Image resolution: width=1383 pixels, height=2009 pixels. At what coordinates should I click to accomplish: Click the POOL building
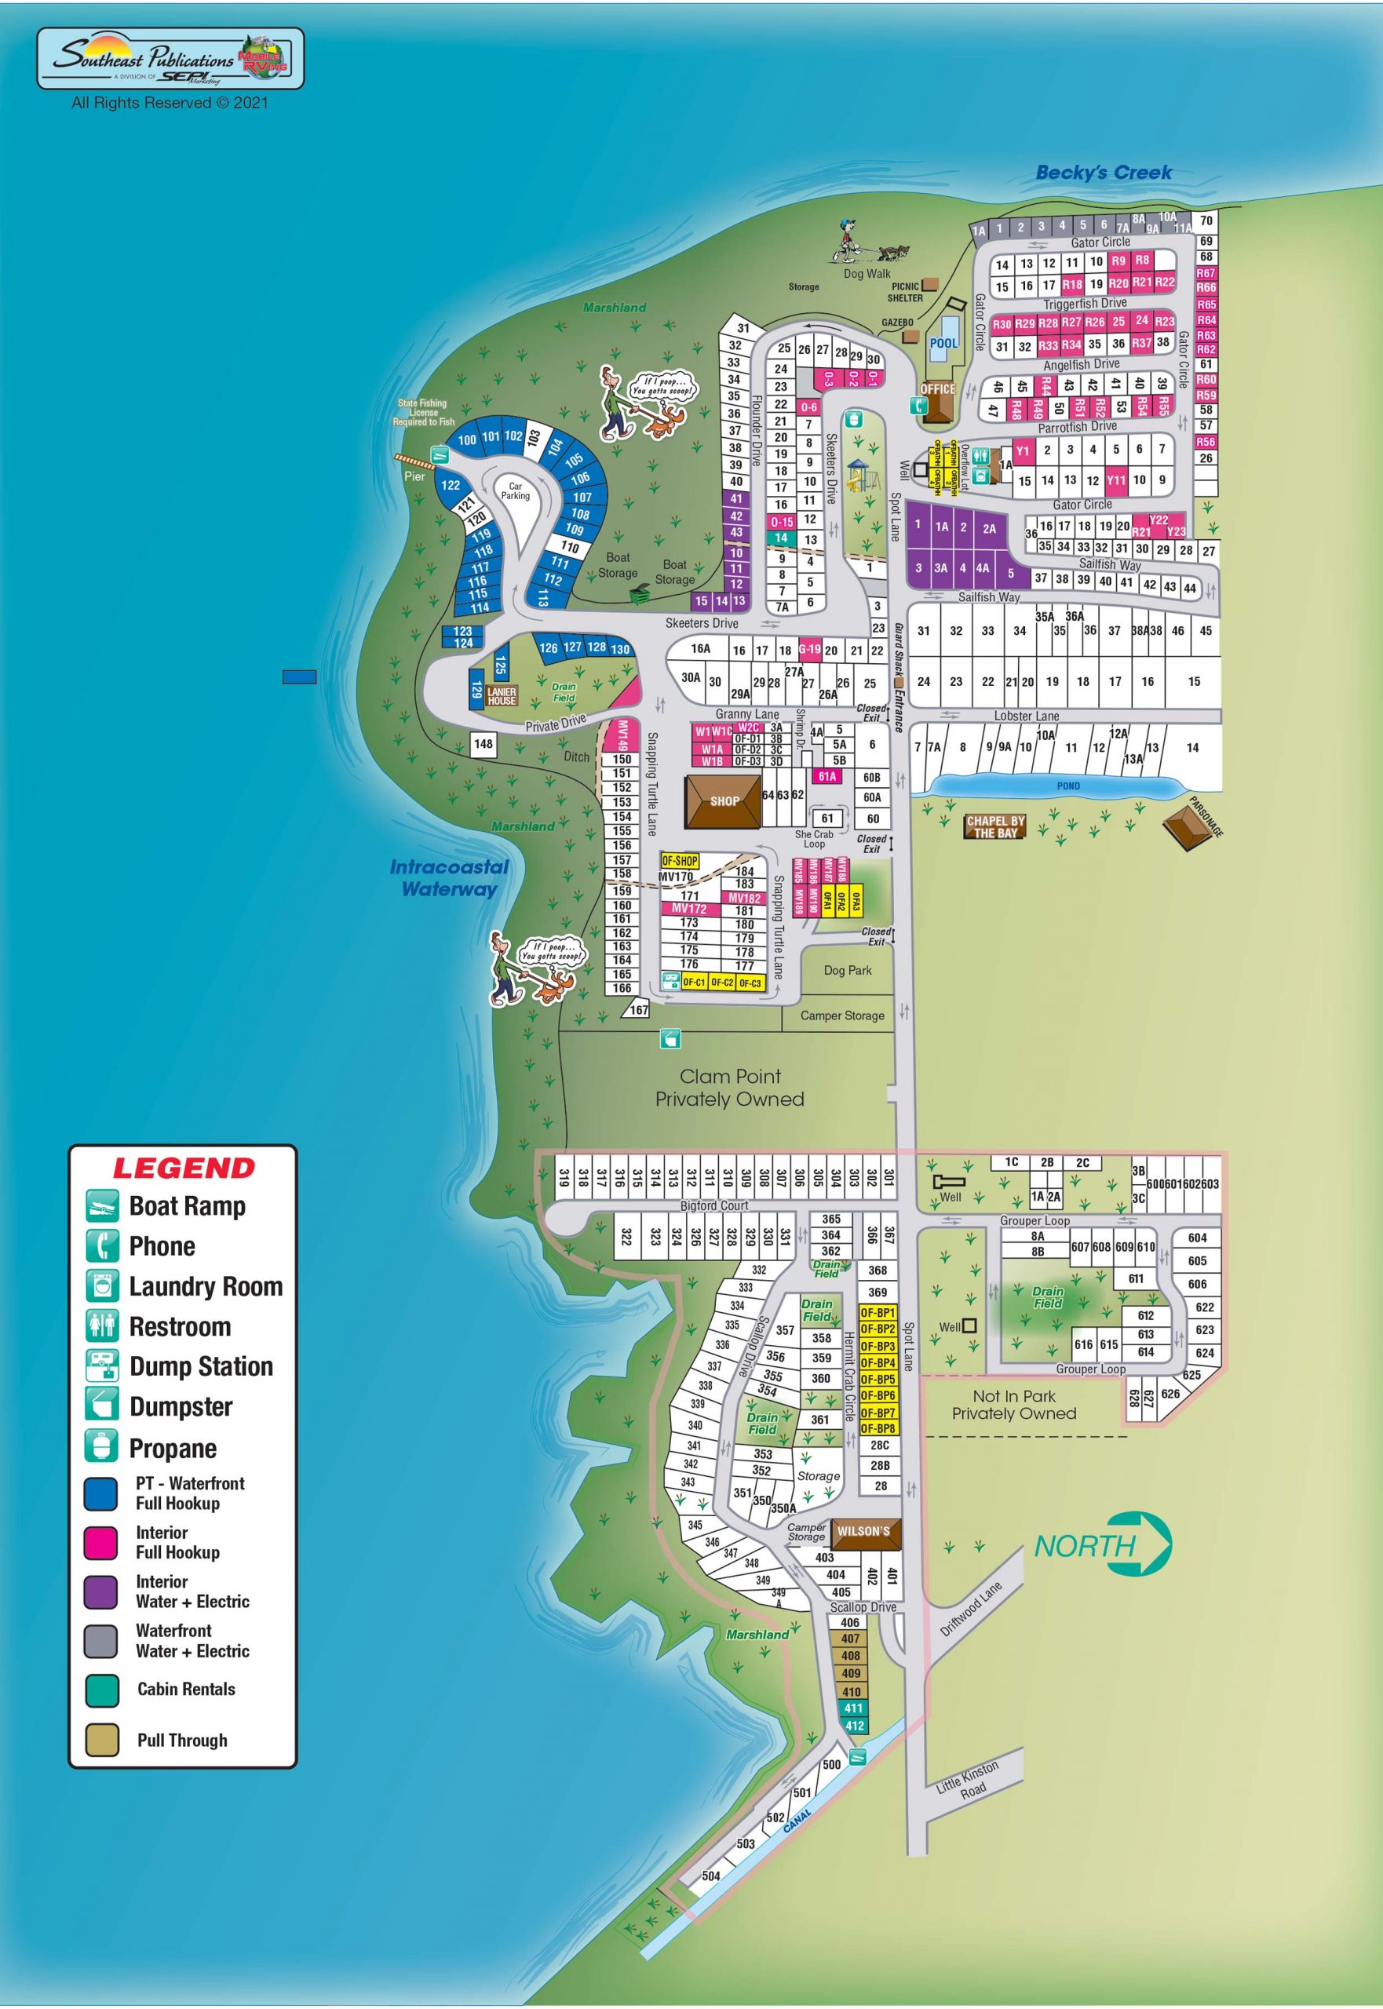pyautogui.click(x=943, y=344)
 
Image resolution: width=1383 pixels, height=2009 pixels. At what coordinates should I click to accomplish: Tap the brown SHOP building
pyautogui.click(x=724, y=800)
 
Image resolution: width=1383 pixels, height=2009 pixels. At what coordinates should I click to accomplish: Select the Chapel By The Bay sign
pyautogui.click(x=994, y=826)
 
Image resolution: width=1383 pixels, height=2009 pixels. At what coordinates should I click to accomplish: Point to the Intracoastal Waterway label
pyautogui.click(x=449, y=877)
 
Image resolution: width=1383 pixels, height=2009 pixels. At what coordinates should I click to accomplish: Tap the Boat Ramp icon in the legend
pyautogui.click(x=101, y=1206)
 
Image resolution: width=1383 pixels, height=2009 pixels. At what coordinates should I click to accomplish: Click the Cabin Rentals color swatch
pyautogui.click(x=101, y=1690)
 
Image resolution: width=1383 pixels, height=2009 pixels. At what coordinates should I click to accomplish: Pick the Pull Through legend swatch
pyautogui.click(x=101, y=1740)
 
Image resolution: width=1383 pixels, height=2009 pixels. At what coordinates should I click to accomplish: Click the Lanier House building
pyautogui.click(x=501, y=695)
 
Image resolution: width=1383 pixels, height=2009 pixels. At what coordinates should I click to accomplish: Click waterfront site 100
pyautogui.click(x=466, y=440)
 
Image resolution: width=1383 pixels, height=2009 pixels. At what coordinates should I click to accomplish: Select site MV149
pyautogui.click(x=622, y=735)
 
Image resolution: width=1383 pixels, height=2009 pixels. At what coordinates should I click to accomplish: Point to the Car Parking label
pyautogui.click(x=515, y=491)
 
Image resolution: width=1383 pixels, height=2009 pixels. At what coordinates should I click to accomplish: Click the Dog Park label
pyautogui.click(x=847, y=970)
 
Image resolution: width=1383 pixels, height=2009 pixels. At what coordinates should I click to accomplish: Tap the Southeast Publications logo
pyautogui.click(x=170, y=59)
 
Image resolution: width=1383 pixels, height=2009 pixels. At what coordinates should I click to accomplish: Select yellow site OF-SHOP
pyautogui.click(x=680, y=860)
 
